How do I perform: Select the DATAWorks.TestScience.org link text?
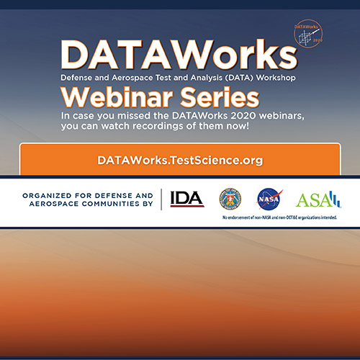coord(180,159)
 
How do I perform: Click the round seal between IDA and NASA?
coord(230,198)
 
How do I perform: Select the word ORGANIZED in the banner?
coord(48,194)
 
